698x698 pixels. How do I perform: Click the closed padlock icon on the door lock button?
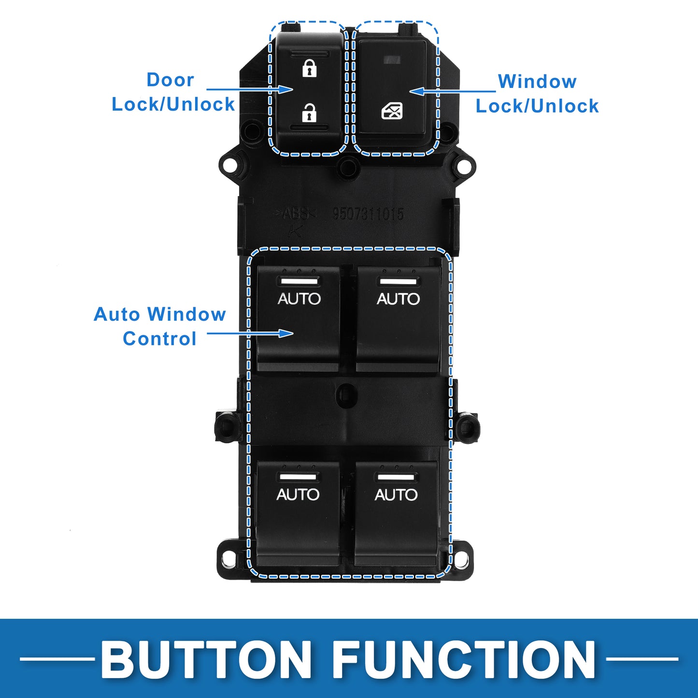pos(309,68)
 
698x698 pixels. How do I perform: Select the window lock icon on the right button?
pos(392,111)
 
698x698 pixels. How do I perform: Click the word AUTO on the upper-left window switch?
pos(299,299)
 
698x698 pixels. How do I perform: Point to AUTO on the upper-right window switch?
pos(398,299)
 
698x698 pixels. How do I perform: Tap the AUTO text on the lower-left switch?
pos(298,494)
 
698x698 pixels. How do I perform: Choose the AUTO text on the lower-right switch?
pos(396,494)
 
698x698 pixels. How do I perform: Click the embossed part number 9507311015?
pos(368,214)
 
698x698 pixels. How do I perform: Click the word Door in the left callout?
pos(170,80)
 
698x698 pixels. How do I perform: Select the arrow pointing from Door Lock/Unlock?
pos(249,89)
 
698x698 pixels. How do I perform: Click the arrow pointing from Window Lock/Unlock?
pos(452,91)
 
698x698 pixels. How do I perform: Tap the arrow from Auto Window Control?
pos(250,333)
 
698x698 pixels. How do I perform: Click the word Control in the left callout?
pos(159,339)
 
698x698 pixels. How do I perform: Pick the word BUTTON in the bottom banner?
pos(206,659)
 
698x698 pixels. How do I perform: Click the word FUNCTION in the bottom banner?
pos(464,659)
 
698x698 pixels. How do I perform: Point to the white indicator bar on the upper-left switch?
pos(299,281)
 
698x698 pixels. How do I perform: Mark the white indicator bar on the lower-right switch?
pos(396,477)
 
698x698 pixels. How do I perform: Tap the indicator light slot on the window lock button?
pos(392,60)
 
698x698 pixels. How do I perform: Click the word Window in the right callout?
pos(537,82)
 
